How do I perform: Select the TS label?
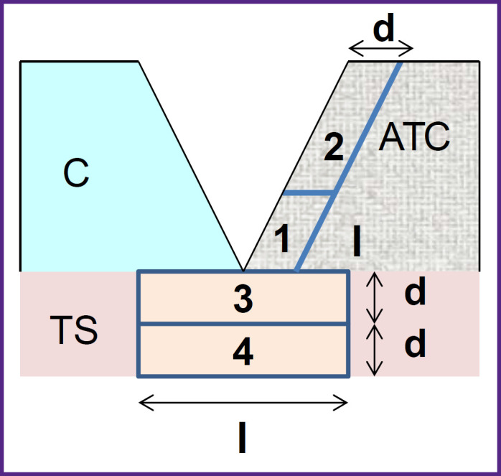click(x=75, y=332)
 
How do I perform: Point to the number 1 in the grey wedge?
click(x=283, y=241)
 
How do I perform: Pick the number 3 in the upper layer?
click(x=243, y=301)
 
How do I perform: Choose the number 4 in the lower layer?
click(x=243, y=353)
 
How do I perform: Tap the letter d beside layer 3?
click(x=416, y=293)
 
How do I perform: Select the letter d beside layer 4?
click(x=416, y=345)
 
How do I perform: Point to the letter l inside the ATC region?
click(x=357, y=243)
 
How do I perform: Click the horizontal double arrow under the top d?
click(x=380, y=49)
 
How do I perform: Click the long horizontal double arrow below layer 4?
click(x=243, y=403)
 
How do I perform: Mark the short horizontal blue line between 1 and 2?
click(x=309, y=193)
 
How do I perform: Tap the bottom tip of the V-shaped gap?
click(x=243, y=271)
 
